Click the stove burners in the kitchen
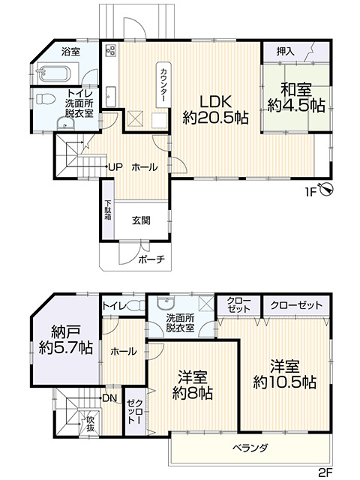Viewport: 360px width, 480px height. (111, 51)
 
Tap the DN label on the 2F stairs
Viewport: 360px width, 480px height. (110, 397)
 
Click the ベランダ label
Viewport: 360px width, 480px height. (250, 447)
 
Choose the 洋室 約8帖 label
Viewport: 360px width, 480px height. (192, 384)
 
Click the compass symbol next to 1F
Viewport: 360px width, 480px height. (326, 190)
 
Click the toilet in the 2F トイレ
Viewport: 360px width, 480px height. (136, 306)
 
